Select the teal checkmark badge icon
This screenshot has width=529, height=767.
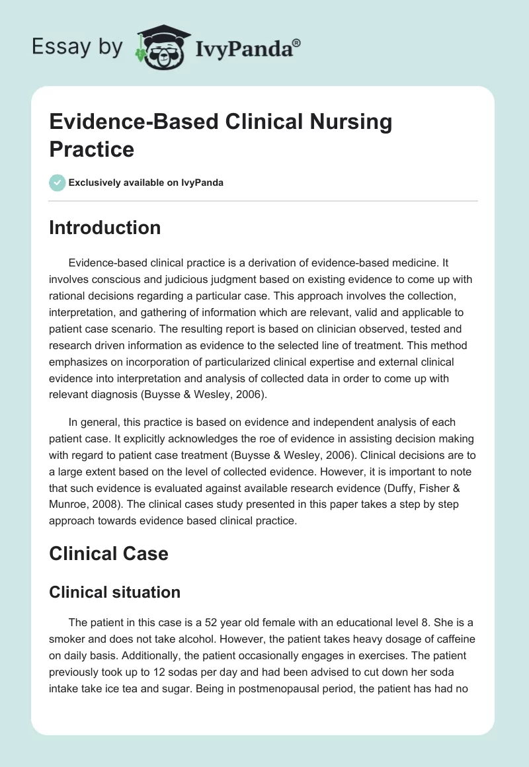point(57,182)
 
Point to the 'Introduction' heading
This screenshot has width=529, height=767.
point(104,227)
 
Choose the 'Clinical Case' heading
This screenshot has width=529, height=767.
point(108,553)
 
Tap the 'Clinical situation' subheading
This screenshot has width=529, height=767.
point(114,592)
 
